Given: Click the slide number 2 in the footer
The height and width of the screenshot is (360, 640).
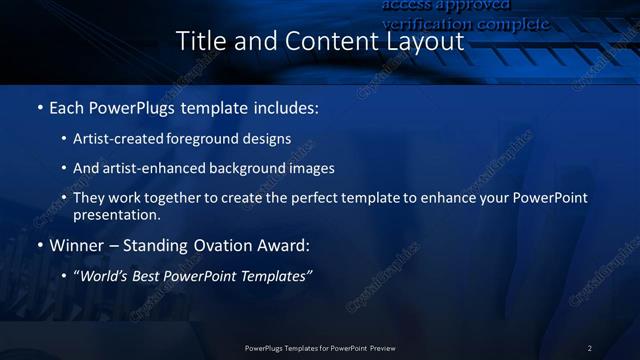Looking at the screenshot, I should coord(590,348).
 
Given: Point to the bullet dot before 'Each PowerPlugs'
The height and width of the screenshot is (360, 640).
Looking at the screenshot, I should coord(40,107).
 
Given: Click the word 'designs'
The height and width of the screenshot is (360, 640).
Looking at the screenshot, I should coord(267,139).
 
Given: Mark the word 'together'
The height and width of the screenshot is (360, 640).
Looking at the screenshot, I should coord(175,198).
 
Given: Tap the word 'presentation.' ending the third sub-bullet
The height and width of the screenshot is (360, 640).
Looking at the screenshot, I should coord(116,214).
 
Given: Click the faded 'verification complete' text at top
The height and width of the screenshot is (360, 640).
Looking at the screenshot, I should coord(465,23).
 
